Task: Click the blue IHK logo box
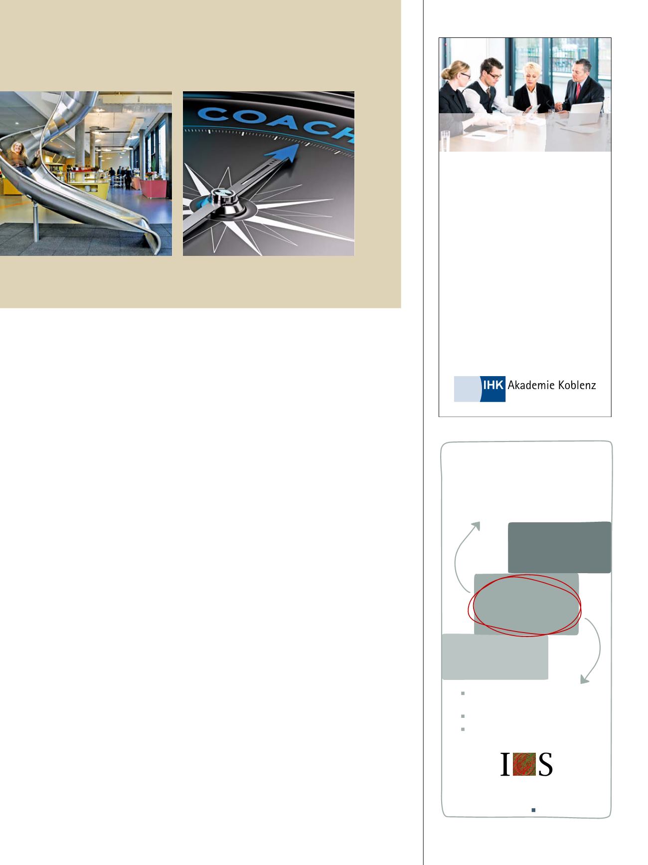[x=493, y=389]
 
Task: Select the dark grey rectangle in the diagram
[x=559, y=547]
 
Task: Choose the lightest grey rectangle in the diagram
[x=495, y=656]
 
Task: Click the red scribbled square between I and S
[x=524, y=764]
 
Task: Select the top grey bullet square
[x=463, y=693]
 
